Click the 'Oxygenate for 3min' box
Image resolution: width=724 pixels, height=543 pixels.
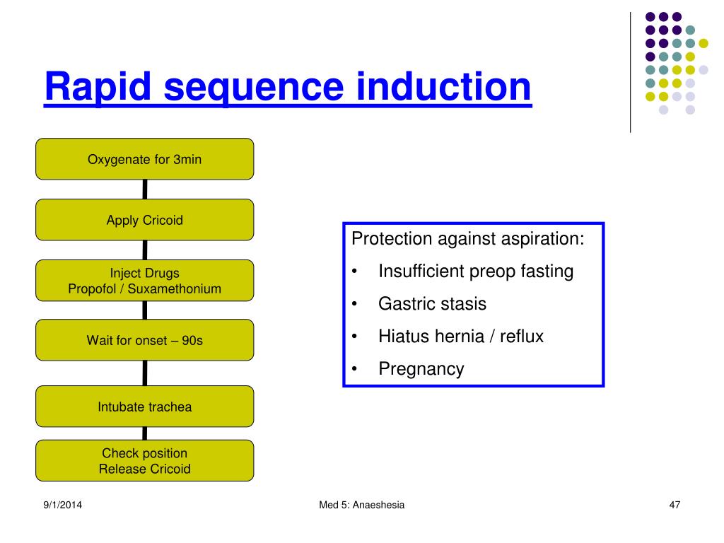[x=144, y=159]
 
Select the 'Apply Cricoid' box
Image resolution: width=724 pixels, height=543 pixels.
[x=144, y=220]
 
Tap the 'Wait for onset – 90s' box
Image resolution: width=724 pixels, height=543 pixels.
[x=144, y=340]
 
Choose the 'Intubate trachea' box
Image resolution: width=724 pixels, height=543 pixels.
[x=144, y=407]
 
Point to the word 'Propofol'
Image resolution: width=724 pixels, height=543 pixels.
[x=98, y=288]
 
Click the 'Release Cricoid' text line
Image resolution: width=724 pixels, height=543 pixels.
[x=144, y=469]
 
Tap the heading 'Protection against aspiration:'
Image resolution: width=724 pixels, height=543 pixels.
[x=468, y=239]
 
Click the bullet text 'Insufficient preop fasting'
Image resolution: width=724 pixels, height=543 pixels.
[x=476, y=271]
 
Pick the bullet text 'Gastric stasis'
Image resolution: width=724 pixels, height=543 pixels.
[x=432, y=304]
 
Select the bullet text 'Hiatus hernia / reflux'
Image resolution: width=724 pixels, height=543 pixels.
[x=461, y=337]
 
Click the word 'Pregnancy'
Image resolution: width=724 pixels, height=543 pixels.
[x=421, y=369]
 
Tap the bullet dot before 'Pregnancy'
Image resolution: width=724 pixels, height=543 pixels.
[x=355, y=369]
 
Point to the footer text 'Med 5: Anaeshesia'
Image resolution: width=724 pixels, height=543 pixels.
[x=362, y=504]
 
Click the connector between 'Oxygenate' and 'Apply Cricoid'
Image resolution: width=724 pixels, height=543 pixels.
[x=145, y=189]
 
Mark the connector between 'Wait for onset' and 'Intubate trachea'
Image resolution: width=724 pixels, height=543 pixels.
[x=145, y=373]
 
